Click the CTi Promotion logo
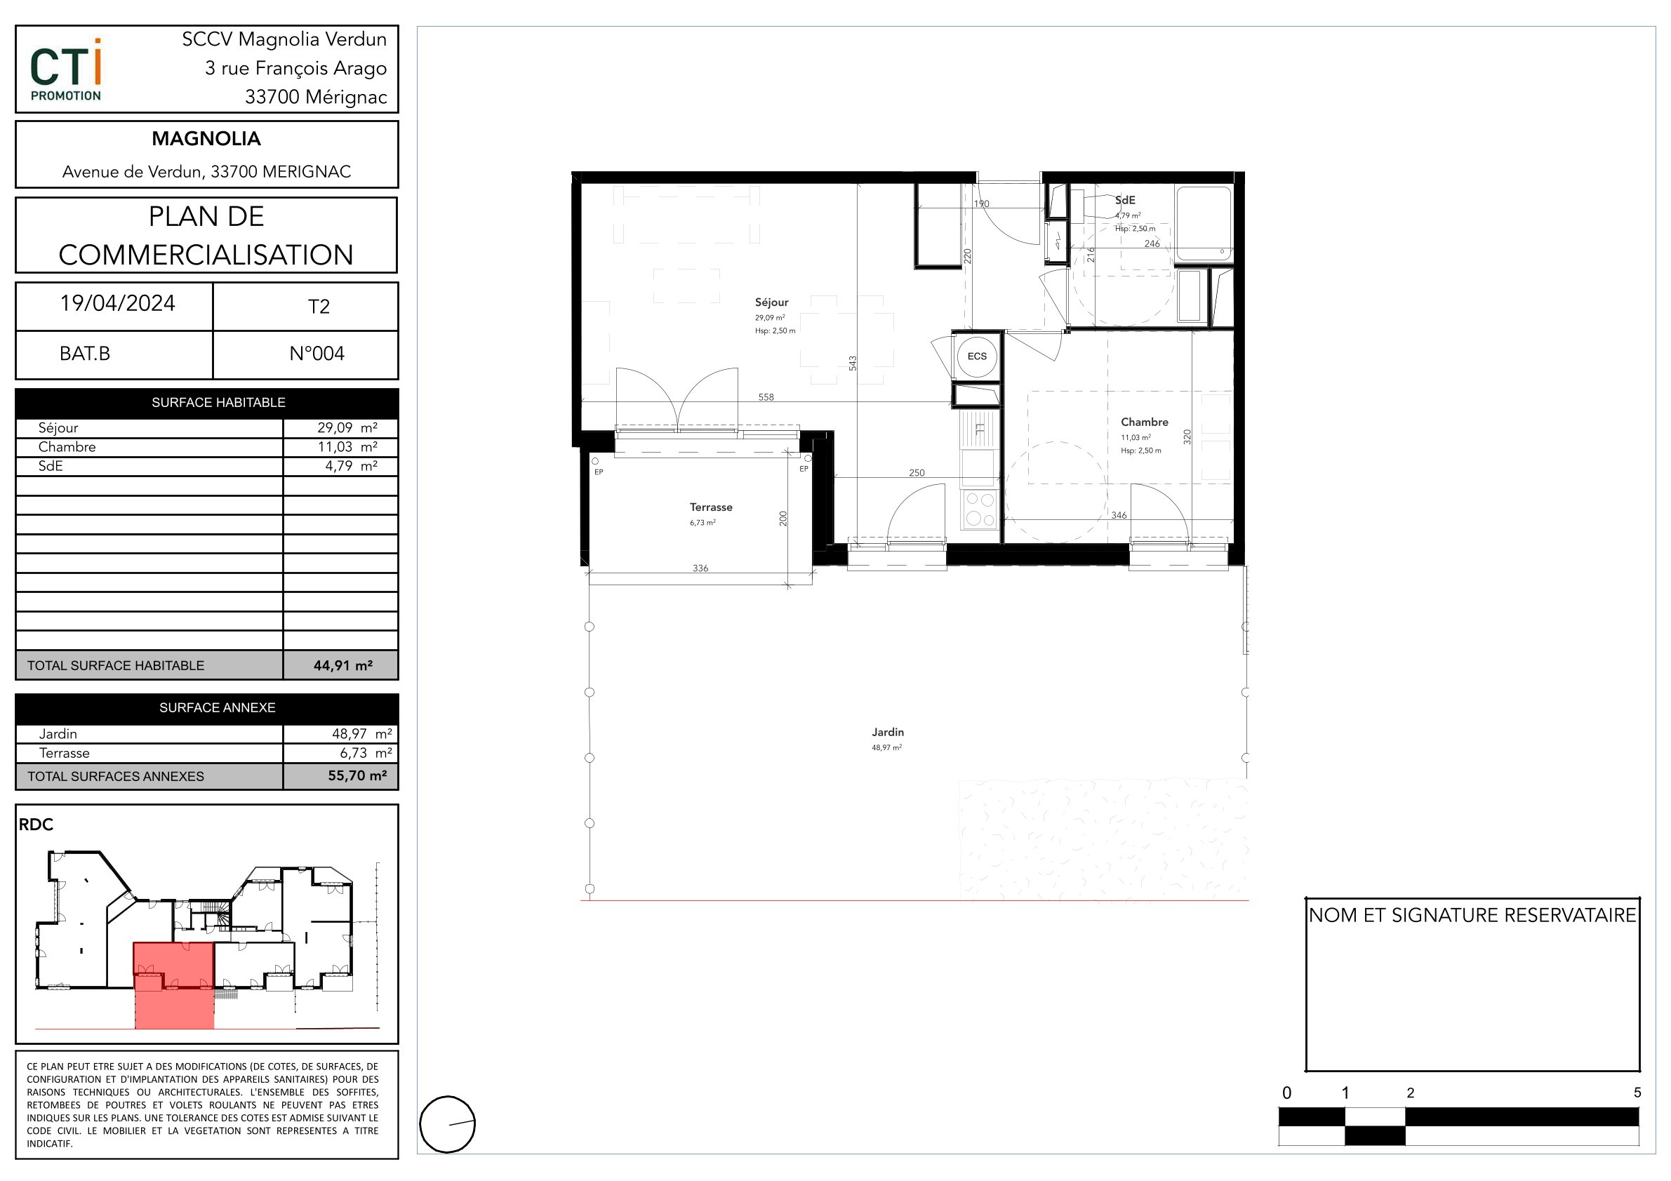click(66, 71)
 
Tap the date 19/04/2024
click(117, 303)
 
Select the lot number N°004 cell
click(317, 354)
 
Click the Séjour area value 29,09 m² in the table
click(347, 428)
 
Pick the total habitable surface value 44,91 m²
click(342, 665)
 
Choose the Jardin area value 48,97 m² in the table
click(361, 733)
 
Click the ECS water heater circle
click(977, 356)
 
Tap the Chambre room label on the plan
click(1144, 422)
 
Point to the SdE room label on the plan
click(1125, 200)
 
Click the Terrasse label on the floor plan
click(711, 507)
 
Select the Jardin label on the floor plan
click(888, 732)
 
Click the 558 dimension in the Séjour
click(766, 397)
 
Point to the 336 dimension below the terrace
click(700, 568)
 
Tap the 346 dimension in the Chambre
click(1119, 515)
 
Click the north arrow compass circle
click(448, 1124)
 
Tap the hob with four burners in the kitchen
click(979, 509)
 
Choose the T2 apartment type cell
click(319, 307)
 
